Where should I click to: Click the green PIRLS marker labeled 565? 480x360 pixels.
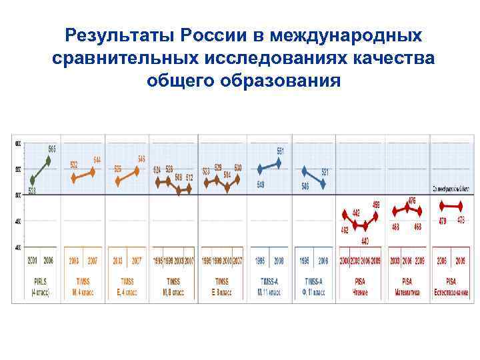point(48,160)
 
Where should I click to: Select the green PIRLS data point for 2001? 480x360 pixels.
point(33,180)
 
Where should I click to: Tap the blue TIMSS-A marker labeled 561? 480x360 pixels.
point(279,162)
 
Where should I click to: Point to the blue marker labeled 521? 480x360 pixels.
point(323,182)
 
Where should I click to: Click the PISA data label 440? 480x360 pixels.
point(365,241)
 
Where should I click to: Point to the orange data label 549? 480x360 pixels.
point(141,159)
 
